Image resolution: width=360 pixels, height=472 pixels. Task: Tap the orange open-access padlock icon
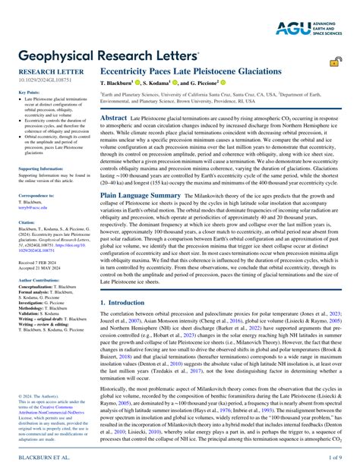(x=335, y=65)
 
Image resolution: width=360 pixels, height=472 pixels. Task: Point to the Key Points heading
(x=29, y=92)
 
